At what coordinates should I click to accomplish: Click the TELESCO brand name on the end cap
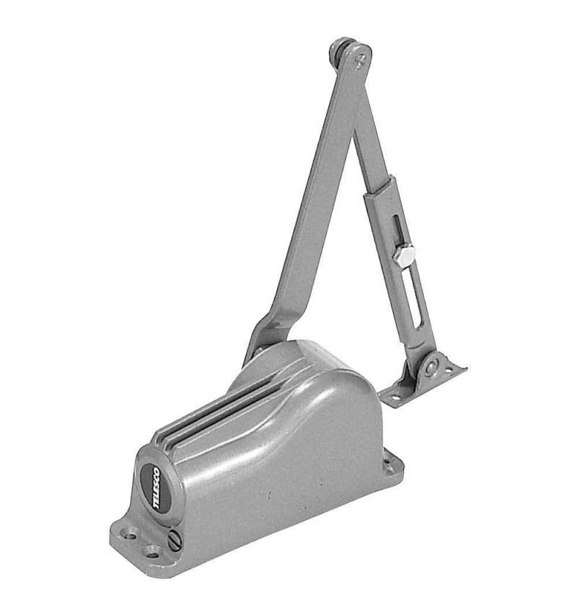click(x=157, y=487)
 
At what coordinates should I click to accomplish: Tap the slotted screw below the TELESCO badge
click(x=175, y=541)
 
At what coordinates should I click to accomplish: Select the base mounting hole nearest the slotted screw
click(x=151, y=552)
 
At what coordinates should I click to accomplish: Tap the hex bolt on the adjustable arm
click(x=403, y=256)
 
